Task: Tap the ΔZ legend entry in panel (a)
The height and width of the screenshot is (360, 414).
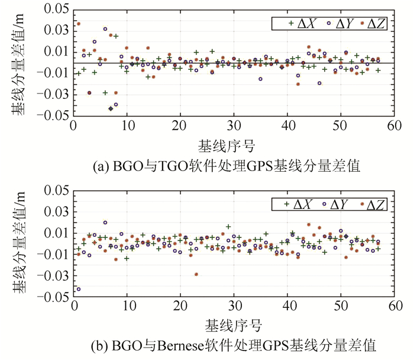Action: coord(371,24)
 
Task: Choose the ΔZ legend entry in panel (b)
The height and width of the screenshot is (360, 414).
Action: coord(371,204)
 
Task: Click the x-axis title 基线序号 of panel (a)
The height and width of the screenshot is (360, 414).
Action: coord(233,144)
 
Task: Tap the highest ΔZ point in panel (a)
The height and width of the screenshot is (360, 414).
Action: coord(78,24)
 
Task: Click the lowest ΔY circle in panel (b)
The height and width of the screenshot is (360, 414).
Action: coord(79,290)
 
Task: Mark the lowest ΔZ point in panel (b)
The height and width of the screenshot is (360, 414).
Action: coord(196,274)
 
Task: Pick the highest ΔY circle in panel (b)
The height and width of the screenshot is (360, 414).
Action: coord(105,223)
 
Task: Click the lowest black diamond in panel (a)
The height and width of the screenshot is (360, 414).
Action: coord(111,108)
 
